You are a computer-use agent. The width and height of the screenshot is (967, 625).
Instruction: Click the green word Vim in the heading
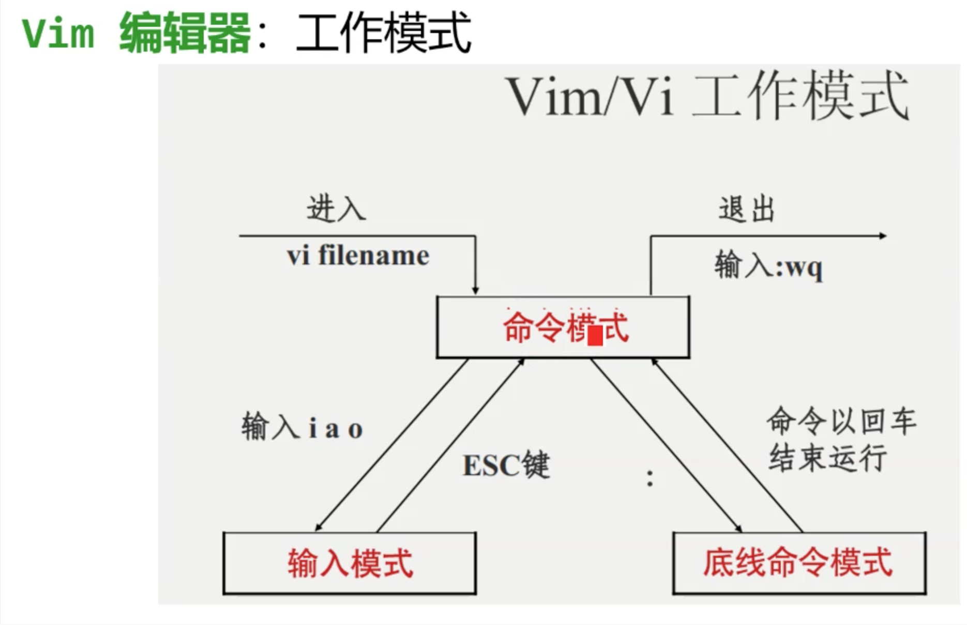(x=58, y=34)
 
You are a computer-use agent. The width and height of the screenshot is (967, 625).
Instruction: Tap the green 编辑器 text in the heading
(x=185, y=34)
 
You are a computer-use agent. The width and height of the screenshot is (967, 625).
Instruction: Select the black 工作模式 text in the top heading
(x=383, y=34)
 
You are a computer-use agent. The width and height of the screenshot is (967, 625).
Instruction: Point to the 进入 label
(x=336, y=209)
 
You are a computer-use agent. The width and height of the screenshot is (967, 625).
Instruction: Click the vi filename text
(x=358, y=256)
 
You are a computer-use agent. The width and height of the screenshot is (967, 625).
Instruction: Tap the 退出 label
(x=746, y=210)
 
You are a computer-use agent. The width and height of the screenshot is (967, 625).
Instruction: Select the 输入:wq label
(x=768, y=265)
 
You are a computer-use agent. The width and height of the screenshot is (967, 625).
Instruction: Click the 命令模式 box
(x=563, y=327)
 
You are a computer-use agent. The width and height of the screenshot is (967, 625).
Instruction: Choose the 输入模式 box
(x=350, y=563)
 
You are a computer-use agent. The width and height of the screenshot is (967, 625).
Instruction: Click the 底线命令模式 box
(x=799, y=563)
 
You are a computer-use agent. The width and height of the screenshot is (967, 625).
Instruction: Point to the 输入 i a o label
(x=302, y=428)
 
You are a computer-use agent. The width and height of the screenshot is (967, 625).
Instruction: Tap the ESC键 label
(x=506, y=465)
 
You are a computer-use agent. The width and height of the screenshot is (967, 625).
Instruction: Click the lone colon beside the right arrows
(x=650, y=478)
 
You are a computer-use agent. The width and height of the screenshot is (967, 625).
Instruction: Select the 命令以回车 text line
(x=841, y=421)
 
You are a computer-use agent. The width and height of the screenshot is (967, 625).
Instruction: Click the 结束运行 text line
(x=827, y=458)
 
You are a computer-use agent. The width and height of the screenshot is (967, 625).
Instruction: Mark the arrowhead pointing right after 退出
(x=883, y=236)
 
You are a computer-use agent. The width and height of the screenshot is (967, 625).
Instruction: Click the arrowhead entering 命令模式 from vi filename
(x=475, y=291)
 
